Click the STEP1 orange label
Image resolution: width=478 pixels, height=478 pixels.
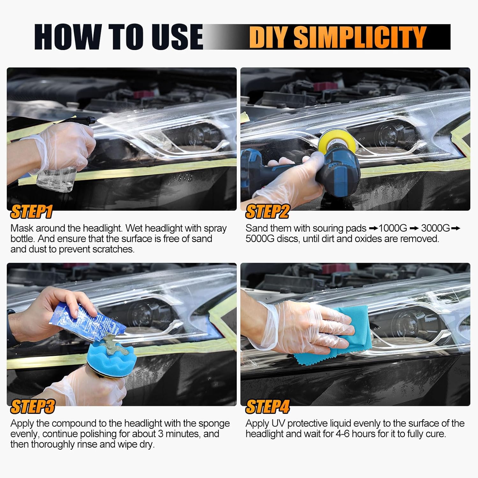point(31,212)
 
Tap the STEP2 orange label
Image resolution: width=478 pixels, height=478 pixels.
point(267,212)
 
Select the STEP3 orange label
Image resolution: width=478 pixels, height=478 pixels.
point(33,407)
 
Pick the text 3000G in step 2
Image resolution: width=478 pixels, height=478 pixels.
point(435,228)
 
